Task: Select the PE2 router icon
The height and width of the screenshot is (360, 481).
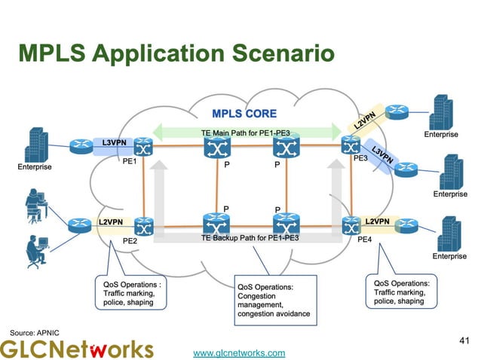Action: [x=142, y=224]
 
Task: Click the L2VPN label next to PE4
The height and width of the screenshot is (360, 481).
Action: [x=377, y=221]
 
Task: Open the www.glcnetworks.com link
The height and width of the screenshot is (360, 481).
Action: [x=240, y=352]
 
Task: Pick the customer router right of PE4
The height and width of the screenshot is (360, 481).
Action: [x=408, y=225]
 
